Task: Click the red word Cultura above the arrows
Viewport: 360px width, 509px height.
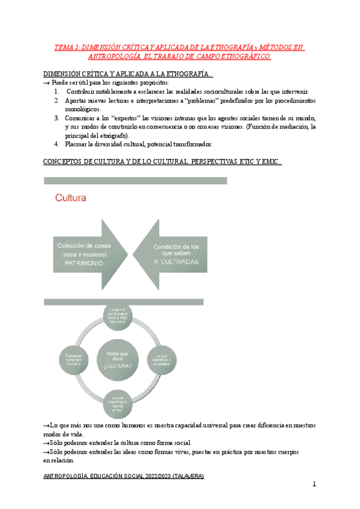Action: (71, 197)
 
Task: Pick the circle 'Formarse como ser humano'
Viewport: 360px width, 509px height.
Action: (70, 358)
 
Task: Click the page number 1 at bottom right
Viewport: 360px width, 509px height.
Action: (314, 484)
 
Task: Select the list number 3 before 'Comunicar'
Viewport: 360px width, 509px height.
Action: (56, 118)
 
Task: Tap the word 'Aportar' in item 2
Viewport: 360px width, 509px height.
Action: (77, 100)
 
